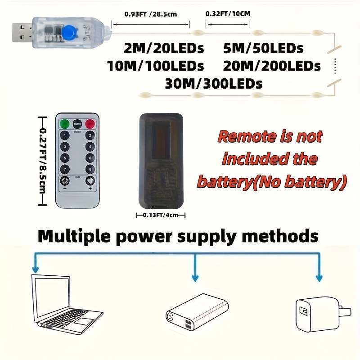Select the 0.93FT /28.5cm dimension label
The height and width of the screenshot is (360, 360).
click(x=151, y=14)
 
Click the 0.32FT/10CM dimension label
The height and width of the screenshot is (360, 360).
click(x=227, y=13)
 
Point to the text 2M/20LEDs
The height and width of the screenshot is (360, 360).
click(x=164, y=48)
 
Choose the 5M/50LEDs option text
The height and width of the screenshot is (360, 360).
click(x=263, y=48)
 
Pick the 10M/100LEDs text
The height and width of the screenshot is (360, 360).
click(x=156, y=66)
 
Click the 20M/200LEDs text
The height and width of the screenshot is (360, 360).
click(x=272, y=66)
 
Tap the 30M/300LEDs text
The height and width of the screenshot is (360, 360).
click(x=213, y=83)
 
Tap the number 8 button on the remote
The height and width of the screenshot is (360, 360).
click(x=90, y=170)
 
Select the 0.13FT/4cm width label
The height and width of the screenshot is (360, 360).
click(x=161, y=216)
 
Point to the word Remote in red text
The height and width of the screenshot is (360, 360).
click(x=244, y=136)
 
